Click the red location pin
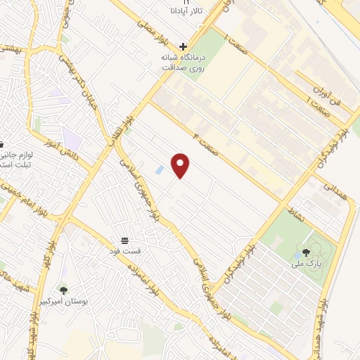(181, 165)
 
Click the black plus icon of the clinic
(184, 44)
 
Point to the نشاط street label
(295, 212)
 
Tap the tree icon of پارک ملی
(306, 252)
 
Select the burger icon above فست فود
(124, 240)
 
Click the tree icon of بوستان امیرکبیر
(63, 289)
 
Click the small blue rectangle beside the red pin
(160, 170)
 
